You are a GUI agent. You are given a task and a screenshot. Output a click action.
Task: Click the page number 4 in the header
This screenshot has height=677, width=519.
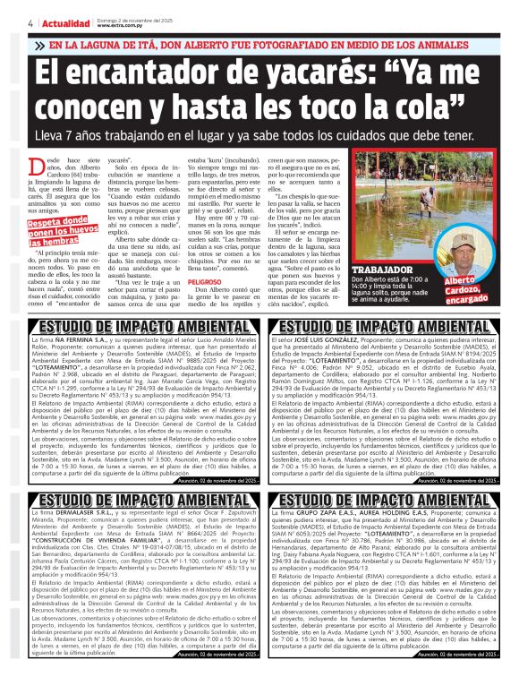click(31, 23)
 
